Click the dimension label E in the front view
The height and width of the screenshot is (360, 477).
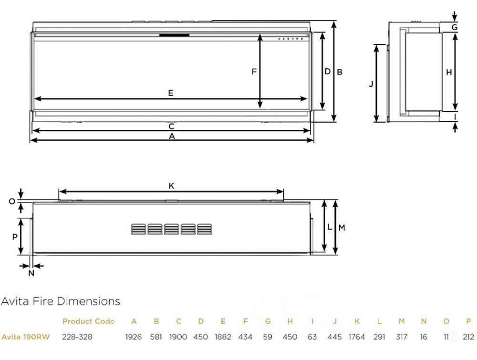pyautogui.click(x=170, y=93)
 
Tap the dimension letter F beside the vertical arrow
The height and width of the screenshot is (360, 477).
pyautogui.click(x=254, y=72)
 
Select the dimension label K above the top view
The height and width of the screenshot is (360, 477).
pyautogui.click(x=171, y=186)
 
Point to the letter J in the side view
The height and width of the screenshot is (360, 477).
pyautogui.click(x=371, y=84)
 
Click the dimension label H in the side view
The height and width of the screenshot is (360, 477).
pyautogui.click(x=448, y=72)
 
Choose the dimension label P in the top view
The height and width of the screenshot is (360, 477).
pyautogui.click(x=15, y=236)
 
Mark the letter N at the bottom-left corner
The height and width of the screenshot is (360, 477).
pyautogui.click(x=31, y=273)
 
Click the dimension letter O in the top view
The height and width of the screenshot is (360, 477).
pyautogui.click(x=12, y=201)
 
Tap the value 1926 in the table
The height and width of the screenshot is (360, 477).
pyautogui.click(x=134, y=337)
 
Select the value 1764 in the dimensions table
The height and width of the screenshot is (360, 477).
pyautogui.click(x=356, y=337)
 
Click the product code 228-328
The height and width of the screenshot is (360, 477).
pyautogui.click(x=77, y=337)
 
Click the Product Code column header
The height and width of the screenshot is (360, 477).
pyautogui.click(x=88, y=321)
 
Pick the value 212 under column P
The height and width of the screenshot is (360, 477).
pyautogui.click(x=468, y=337)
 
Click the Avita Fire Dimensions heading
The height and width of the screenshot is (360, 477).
pyautogui.click(x=61, y=301)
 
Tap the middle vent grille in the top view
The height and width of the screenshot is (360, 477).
pyautogui.click(x=171, y=229)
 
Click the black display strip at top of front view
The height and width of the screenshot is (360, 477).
pyautogui.click(x=174, y=35)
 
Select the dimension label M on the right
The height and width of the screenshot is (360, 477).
pyautogui.click(x=342, y=228)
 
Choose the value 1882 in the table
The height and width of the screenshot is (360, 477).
pyautogui.click(x=223, y=337)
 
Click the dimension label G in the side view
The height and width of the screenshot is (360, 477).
pyautogui.click(x=455, y=27)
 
